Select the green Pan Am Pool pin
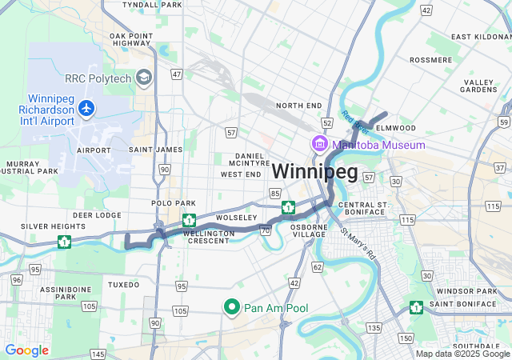(232, 307)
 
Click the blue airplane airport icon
(86, 107)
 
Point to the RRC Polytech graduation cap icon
(144, 78)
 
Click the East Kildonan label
(480, 37)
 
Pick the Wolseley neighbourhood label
(236, 218)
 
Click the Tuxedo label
(123, 284)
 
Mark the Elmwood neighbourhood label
(396, 128)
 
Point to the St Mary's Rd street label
(359, 245)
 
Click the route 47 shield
(176, 74)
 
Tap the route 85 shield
(275, 193)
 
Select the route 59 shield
(502, 121)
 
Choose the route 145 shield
(98, 354)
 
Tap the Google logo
(26, 350)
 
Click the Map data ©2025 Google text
(462, 354)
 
